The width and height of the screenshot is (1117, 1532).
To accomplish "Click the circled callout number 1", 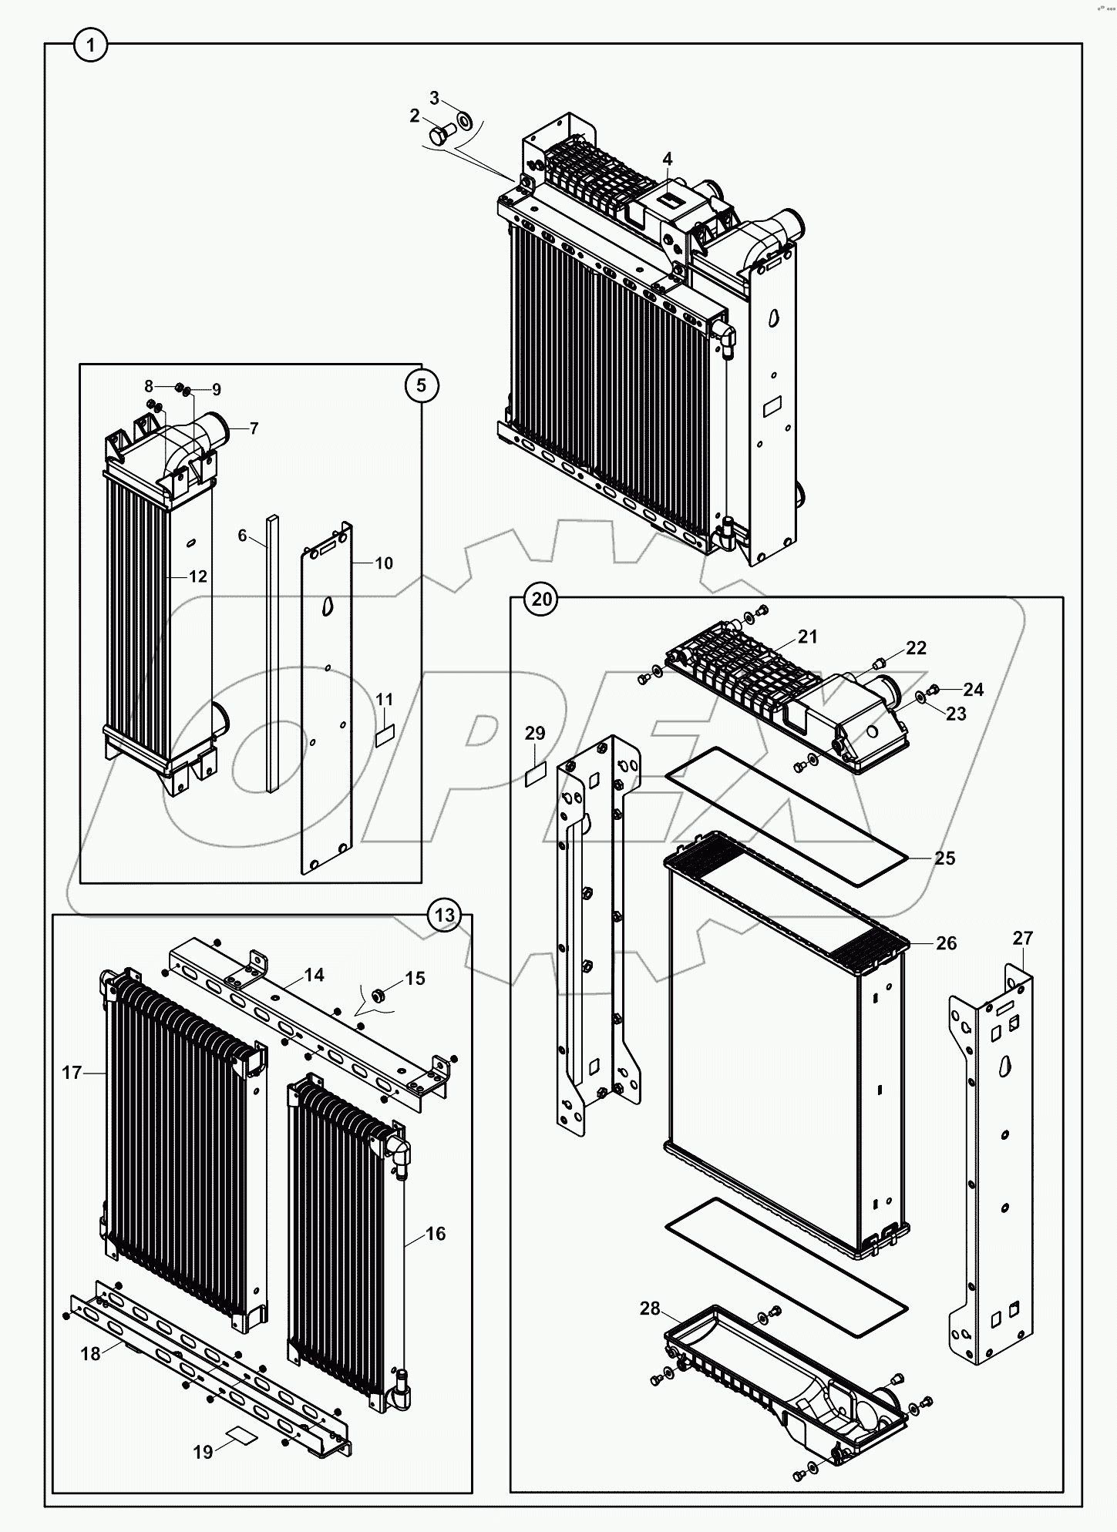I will coord(91,47).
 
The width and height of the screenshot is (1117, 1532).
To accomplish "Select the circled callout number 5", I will coord(421,385).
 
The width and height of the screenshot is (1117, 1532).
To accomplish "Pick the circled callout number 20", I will coord(542,599).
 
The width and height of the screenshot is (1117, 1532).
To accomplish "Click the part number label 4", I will coord(668,160).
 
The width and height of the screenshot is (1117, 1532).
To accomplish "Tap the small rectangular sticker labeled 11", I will coord(384,735).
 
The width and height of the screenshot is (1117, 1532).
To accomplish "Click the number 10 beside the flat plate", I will coord(384,563).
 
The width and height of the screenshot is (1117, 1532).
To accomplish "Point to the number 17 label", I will coord(72,1072).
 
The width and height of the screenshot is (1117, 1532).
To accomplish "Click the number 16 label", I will coord(436,1234).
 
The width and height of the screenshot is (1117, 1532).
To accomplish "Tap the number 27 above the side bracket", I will coord(1022,939).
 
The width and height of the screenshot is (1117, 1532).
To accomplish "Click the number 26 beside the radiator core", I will coord(946,943).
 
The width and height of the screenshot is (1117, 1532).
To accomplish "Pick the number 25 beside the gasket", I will coord(944,858).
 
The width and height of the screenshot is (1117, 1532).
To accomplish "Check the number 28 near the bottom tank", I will coord(650,1309).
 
